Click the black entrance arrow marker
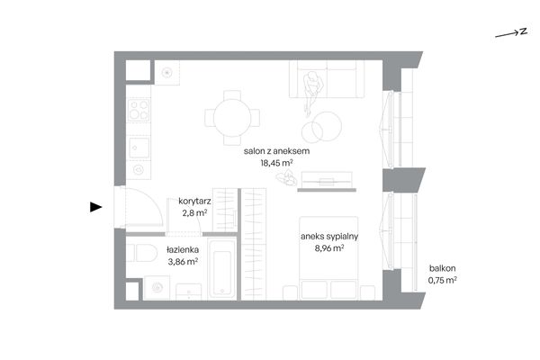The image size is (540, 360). point(95,207)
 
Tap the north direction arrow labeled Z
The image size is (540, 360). point(511,32)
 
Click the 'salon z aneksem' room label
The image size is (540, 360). point(276,151)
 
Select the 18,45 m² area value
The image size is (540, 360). point(276,163)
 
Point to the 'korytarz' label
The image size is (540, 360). point(194,202)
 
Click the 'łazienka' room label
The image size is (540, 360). point(183,250)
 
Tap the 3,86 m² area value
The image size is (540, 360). point(183,262)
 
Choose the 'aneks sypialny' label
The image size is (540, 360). point(329,237)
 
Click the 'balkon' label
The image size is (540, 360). point(442,268)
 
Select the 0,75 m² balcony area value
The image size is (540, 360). point(443,280)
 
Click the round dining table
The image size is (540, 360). point(232,118)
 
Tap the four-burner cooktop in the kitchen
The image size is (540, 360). point(139,110)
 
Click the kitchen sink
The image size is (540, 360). point(139,148)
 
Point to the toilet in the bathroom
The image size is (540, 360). point(142,253)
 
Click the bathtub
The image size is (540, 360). point(222,270)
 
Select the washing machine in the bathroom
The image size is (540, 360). point(157,287)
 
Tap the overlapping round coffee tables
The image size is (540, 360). point(321,127)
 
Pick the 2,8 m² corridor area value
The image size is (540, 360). point(194,213)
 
